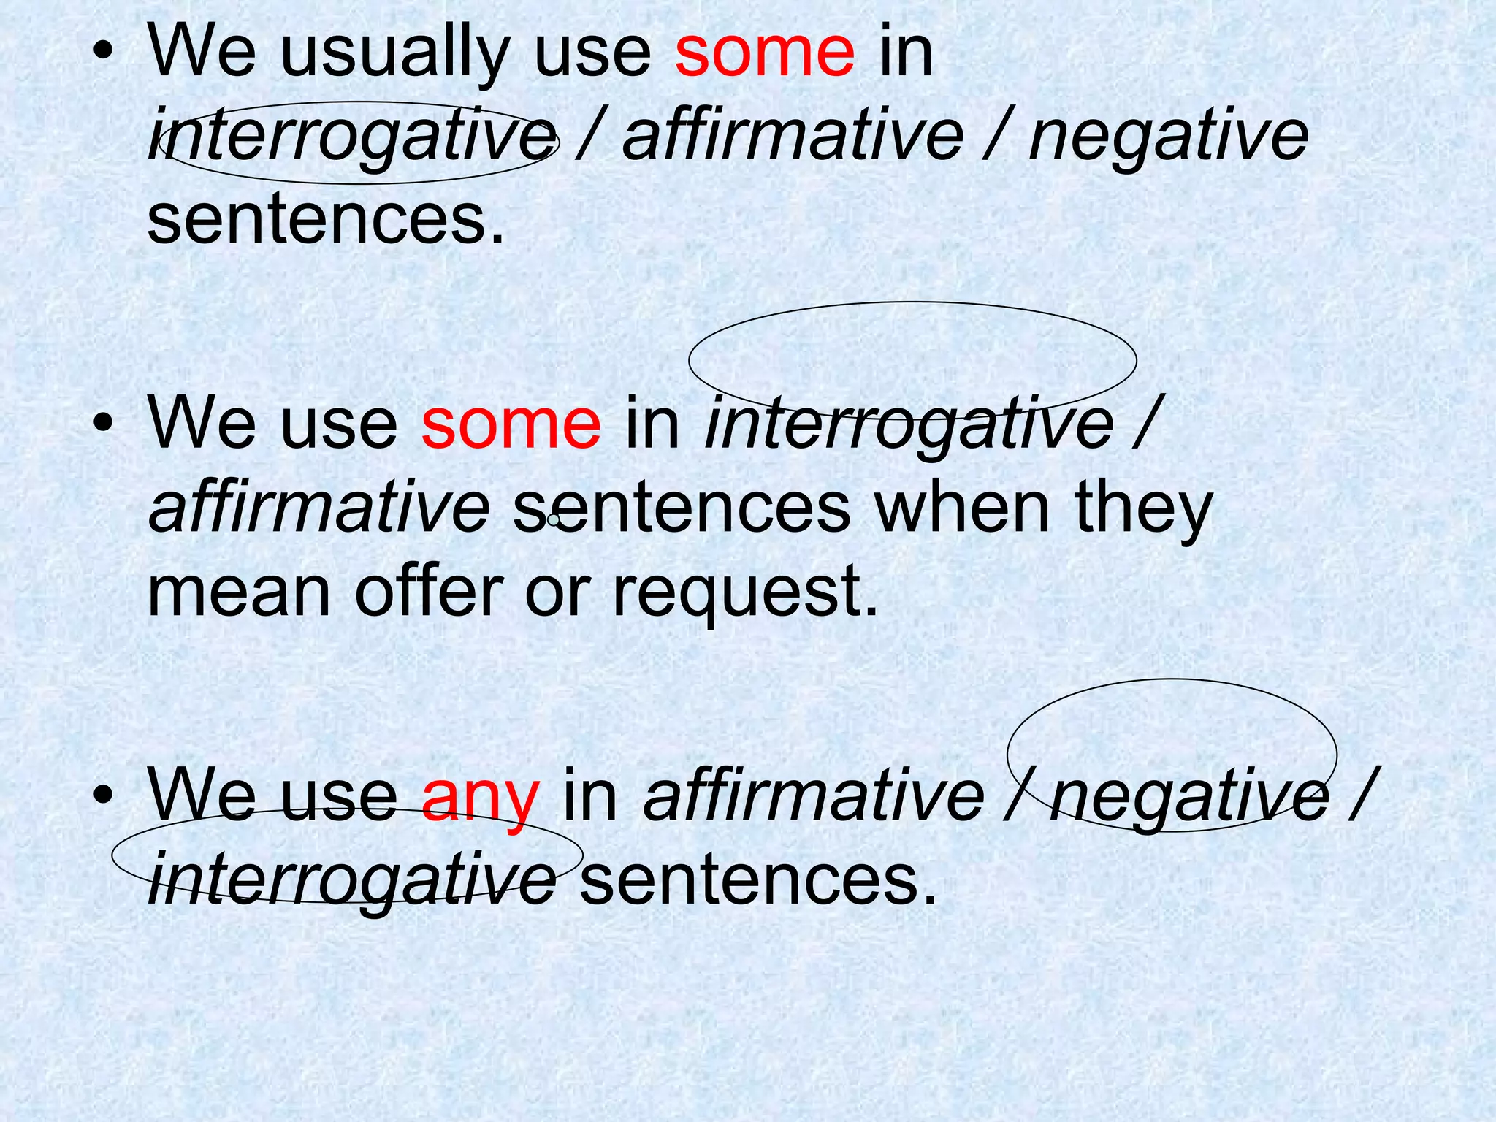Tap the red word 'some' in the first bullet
click(x=764, y=53)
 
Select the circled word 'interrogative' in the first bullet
click(x=351, y=138)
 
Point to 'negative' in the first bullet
click(x=1168, y=138)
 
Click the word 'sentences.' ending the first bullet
click(x=326, y=221)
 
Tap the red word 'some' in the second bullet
click(x=511, y=425)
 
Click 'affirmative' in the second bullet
click(x=318, y=507)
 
